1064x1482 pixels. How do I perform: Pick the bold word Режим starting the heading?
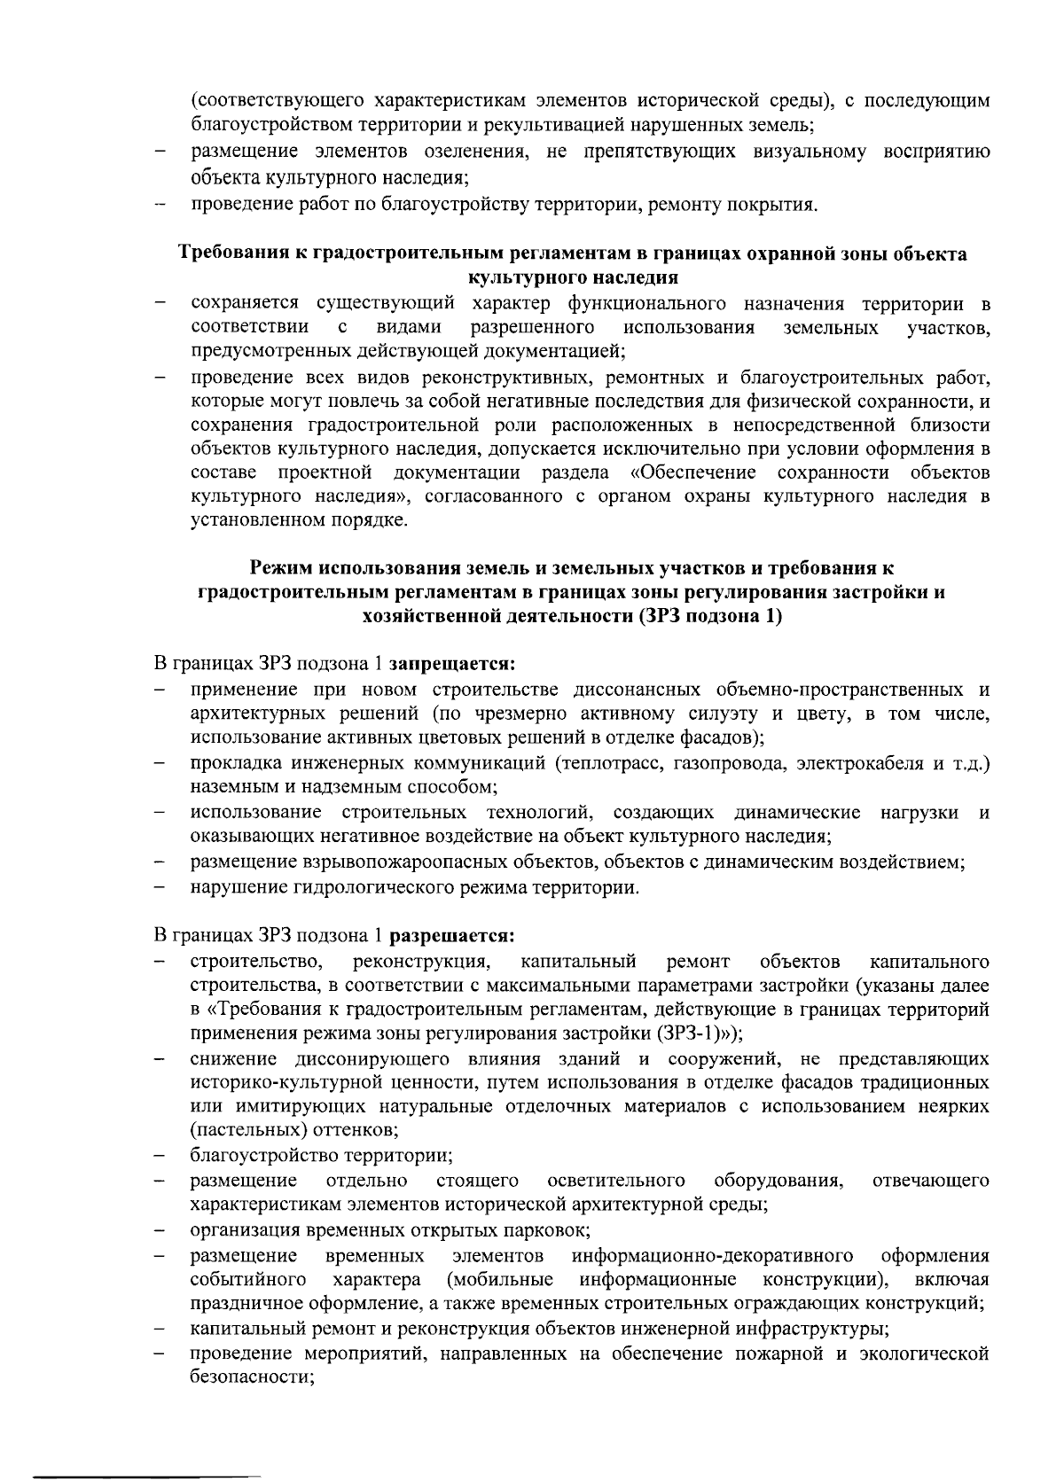pyautogui.click(x=279, y=567)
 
